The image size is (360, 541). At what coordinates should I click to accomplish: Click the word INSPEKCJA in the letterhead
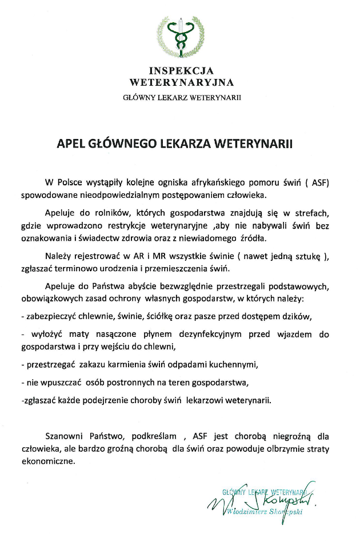coord(181,71)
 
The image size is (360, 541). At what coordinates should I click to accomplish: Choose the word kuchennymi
coord(238,364)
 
